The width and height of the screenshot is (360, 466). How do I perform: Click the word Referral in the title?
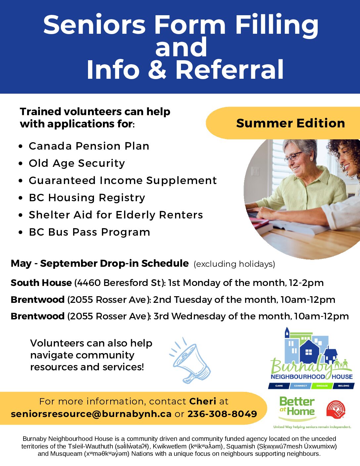(x=229, y=70)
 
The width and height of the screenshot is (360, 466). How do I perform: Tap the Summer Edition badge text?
(x=291, y=123)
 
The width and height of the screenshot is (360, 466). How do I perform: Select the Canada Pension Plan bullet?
(x=89, y=146)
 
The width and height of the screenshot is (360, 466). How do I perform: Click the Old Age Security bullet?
(x=77, y=163)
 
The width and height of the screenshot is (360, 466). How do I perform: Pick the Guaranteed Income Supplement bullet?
(x=123, y=180)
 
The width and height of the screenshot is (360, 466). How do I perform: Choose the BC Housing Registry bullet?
(x=87, y=198)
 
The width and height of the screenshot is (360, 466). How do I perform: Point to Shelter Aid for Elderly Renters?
(x=116, y=215)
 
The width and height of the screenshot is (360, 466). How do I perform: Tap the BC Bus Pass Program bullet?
(x=89, y=232)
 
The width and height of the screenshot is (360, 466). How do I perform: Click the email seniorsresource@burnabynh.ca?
(x=91, y=414)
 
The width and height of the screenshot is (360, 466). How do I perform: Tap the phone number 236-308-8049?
(x=222, y=414)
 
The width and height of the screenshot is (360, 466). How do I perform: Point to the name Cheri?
(x=203, y=401)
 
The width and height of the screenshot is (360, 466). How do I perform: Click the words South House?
(x=41, y=283)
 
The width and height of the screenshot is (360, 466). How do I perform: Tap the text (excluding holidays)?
(x=234, y=264)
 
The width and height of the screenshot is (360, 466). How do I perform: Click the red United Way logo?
(x=336, y=410)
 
